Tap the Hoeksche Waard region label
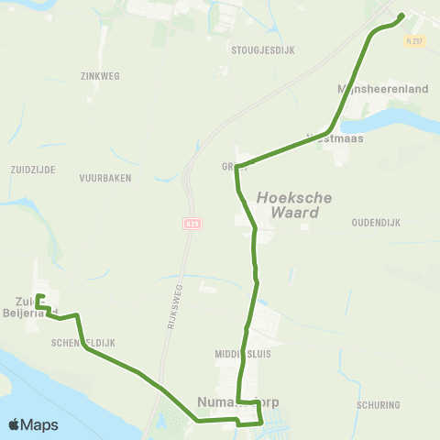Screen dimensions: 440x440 click(x=293, y=204)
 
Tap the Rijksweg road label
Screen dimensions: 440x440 click(x=178, y=302)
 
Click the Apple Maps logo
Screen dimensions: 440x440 click(x=33, y=424)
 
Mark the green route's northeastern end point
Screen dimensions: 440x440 click(x=402, y=16)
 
